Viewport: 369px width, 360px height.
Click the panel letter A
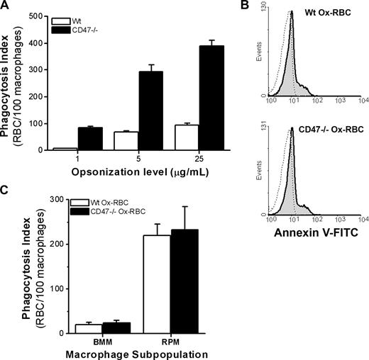[6, 7]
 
